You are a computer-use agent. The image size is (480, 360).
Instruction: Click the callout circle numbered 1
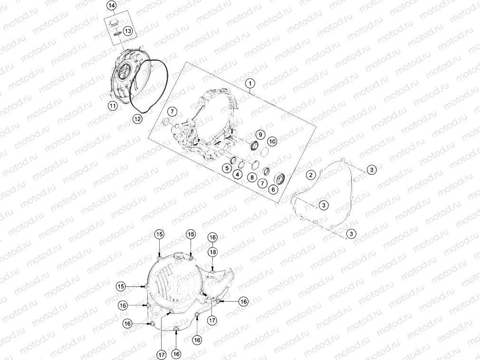tap(250, 83)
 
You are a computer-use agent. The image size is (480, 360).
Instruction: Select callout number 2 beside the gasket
tap(311, 175)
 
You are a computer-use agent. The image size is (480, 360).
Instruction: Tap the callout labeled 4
tap(237, 175)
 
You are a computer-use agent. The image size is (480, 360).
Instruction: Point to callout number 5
tap(227, 168)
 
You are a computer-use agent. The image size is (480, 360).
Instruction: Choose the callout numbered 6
tap(273, 189)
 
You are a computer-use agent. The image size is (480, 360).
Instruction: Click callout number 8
tap(252, 177)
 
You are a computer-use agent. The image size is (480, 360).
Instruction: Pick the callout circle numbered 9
tap(260, 134)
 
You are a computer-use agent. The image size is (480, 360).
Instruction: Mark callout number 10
tap(272, 142)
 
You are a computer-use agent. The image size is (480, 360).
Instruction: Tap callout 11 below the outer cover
tap(113, 106)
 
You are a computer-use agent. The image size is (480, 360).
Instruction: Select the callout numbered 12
tap(137, 119)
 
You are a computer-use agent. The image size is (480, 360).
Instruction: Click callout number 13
tap(128, 31)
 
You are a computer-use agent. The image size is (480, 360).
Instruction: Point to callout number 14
tap(112, 6)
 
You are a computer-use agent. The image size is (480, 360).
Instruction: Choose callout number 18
tap(212, 252)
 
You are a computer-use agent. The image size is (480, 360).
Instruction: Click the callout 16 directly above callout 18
tap(212, 237)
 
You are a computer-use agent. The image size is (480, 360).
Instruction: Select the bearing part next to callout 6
tap(281, 178)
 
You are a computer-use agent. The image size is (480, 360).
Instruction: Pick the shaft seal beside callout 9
tap(254, 146)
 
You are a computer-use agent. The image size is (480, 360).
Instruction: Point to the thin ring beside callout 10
tap(265, 152)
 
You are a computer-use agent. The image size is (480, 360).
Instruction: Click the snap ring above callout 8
tap(256, 165)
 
